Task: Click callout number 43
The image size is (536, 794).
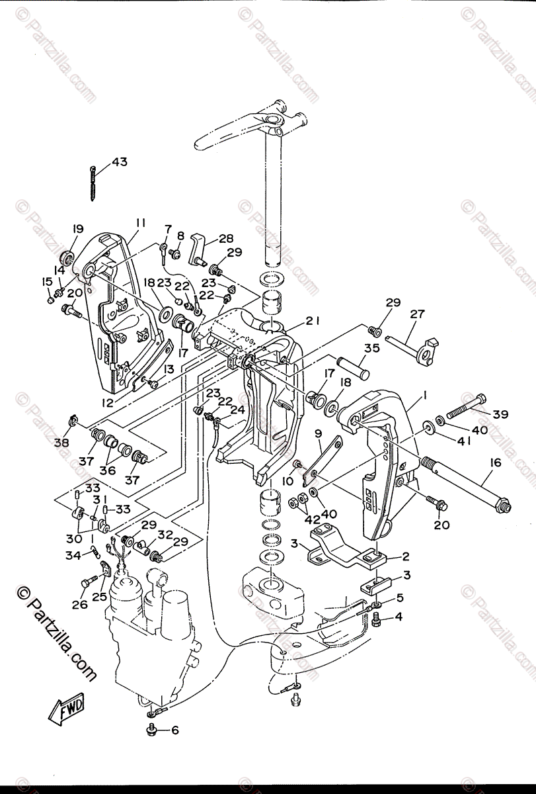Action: point(120,162)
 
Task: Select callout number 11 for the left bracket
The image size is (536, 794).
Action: point(140,223)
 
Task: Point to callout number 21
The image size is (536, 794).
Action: point(312,320)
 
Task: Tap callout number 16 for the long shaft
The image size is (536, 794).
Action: point(496,463)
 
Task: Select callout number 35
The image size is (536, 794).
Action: point(371,348)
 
